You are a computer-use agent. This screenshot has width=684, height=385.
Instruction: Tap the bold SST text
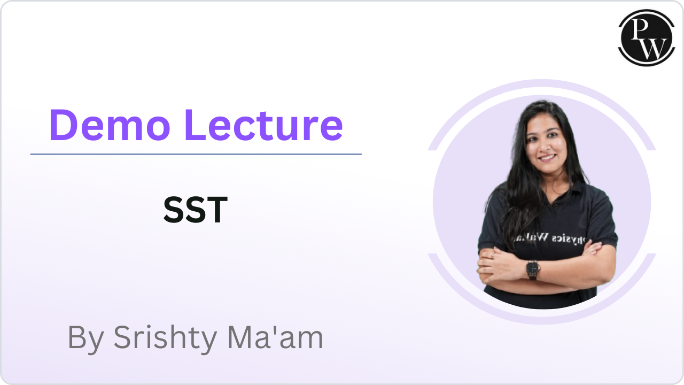(x=196, y=210)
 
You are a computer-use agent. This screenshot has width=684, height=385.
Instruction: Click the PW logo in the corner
(x=643, y=37)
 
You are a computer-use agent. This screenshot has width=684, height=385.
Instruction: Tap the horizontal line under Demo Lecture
(x=196, y=154)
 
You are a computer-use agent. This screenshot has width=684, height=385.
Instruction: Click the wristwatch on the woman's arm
(x=533, y=269)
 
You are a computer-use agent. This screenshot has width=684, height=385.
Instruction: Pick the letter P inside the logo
(x=637, y=29)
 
